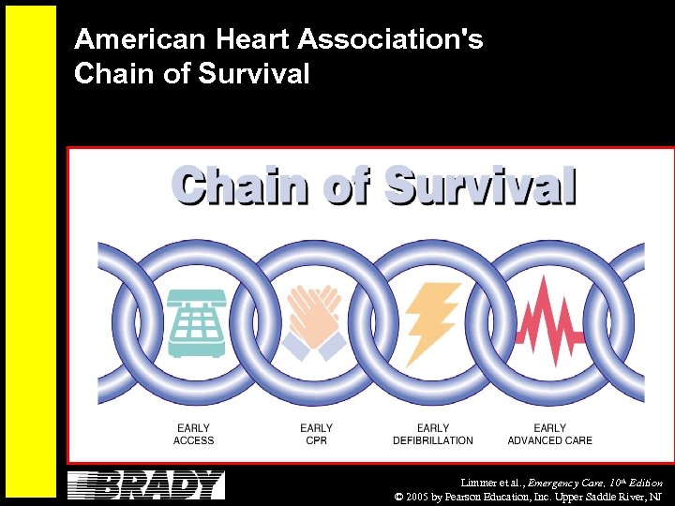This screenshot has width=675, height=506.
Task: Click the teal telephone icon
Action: point(197,323)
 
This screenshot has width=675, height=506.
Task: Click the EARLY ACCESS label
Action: point(194,434)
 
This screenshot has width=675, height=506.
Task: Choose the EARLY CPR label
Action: point(316,434)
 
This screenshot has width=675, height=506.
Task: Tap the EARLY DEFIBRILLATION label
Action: point(433,434)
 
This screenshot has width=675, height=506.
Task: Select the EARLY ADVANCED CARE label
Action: point(550,434)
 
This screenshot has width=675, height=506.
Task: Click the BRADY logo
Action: point(146,485)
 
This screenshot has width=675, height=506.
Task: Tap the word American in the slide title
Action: point(129,39)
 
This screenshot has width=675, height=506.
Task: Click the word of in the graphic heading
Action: point(348,186)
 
